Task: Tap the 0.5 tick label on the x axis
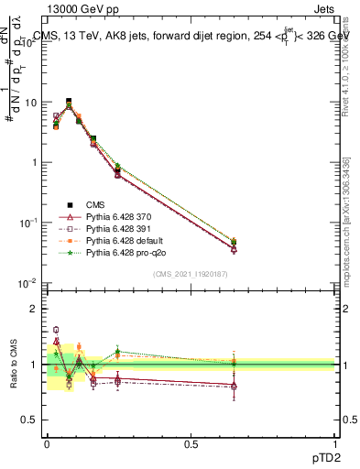tap(191, 443)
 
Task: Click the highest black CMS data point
tap(69, 102)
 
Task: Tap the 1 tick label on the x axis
tap(335, 443)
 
